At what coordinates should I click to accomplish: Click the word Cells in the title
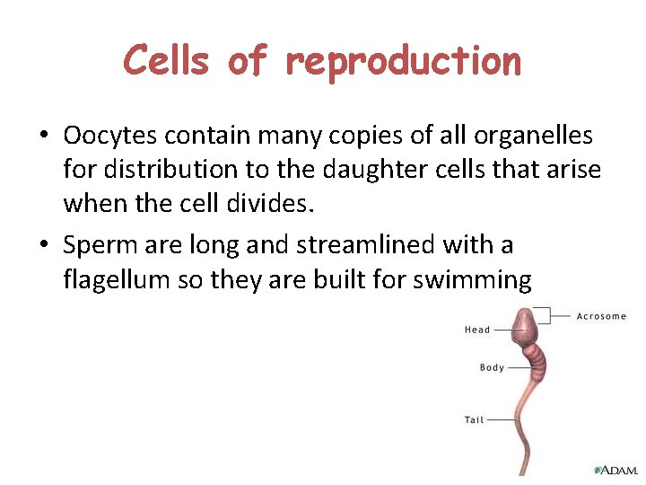(167, 61)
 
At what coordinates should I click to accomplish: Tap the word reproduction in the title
(403, 61)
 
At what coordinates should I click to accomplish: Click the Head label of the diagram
(477, 330)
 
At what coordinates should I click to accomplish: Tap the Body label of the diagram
(492, 367)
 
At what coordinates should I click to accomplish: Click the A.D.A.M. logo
(615, 470)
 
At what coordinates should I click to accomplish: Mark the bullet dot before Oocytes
(43, 137)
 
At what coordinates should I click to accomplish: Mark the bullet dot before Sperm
(43, 245)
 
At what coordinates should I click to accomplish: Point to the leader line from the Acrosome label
(560, 316)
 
